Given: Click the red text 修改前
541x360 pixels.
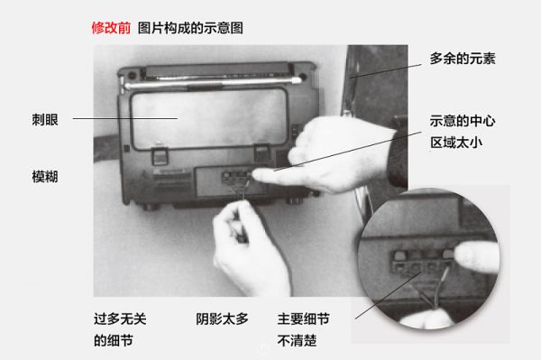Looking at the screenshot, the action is click(111, 28).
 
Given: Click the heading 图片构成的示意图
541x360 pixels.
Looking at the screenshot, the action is click(190, 28).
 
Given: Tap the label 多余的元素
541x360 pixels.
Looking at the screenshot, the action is click(463, 59).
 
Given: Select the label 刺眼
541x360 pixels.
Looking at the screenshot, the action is click(45, 120).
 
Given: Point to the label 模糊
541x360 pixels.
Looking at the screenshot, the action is click(45, 177).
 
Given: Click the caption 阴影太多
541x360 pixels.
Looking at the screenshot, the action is click(222, 318).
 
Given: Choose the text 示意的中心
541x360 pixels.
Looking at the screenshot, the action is click(463, 121).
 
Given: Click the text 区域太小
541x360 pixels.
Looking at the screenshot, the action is click(456, 143).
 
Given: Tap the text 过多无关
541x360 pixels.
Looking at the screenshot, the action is click(120, 318).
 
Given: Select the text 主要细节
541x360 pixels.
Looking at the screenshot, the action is click(304, 318).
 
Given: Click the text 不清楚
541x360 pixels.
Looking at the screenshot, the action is click(297, 341).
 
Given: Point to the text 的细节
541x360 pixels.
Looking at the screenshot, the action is click(114, 341).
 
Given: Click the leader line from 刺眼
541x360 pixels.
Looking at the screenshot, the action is click(125, 118).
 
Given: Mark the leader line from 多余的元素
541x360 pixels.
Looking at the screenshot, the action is click(386, 71).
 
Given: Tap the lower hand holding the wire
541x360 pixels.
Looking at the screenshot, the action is click(250, 248).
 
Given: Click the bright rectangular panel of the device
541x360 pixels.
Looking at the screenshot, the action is click(209, 118).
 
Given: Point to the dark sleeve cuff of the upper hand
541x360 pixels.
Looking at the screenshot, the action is click(399, 152).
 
